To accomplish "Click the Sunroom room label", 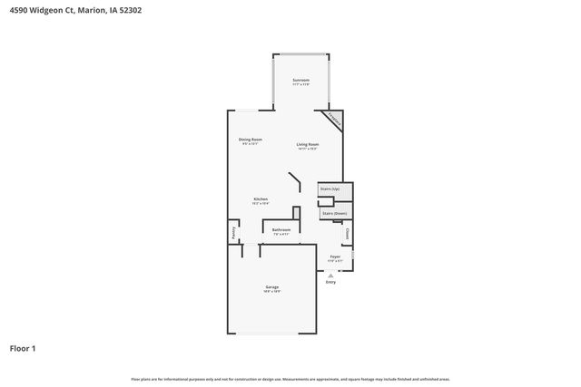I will (x=300, y=81).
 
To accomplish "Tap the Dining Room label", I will (x=250, y=140).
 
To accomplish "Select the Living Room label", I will (x=307, y=144).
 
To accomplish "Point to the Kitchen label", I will (x=260, y=198).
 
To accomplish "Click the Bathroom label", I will (x=281, y=230).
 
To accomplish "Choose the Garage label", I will (x=271, y=287).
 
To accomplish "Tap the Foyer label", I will (x=335, y=257).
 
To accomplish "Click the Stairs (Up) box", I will (x=330, y=189).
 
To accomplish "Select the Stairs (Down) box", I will (x=334, y=213).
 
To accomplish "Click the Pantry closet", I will (x=232, y=234).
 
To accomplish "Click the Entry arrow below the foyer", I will (x=330, y=274).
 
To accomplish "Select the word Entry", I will (x=330, y=282).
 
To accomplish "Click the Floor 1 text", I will (x=23, y=347).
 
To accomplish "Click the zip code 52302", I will (x=153, y=11).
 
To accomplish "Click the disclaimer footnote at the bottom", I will (x=290, y=379).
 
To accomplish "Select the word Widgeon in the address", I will (x=51, y=11).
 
